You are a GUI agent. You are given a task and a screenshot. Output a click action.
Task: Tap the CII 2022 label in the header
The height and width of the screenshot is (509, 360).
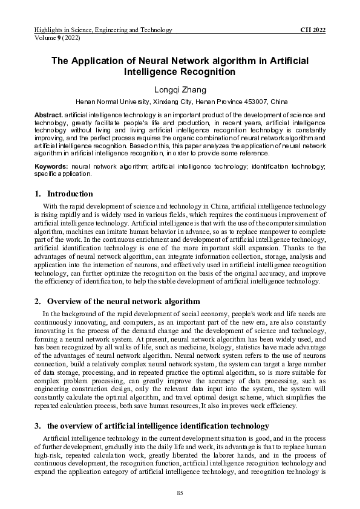coord(313,30)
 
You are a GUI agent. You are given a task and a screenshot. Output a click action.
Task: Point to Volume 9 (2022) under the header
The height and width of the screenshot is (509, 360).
coord(58,37)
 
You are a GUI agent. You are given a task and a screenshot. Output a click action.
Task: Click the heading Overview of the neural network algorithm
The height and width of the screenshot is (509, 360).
coord(123,302)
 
